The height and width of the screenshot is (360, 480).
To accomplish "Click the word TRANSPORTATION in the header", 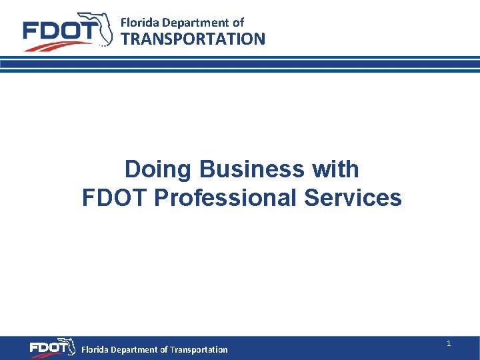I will (x=193, y=39).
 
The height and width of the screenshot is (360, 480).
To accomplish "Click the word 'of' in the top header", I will (x=238, y=23).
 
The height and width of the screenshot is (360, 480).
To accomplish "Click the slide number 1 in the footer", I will (x=449, y=343).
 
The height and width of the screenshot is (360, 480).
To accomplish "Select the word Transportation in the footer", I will (x=199, y=349).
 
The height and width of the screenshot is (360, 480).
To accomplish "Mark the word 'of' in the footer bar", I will (x=164, y=349).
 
